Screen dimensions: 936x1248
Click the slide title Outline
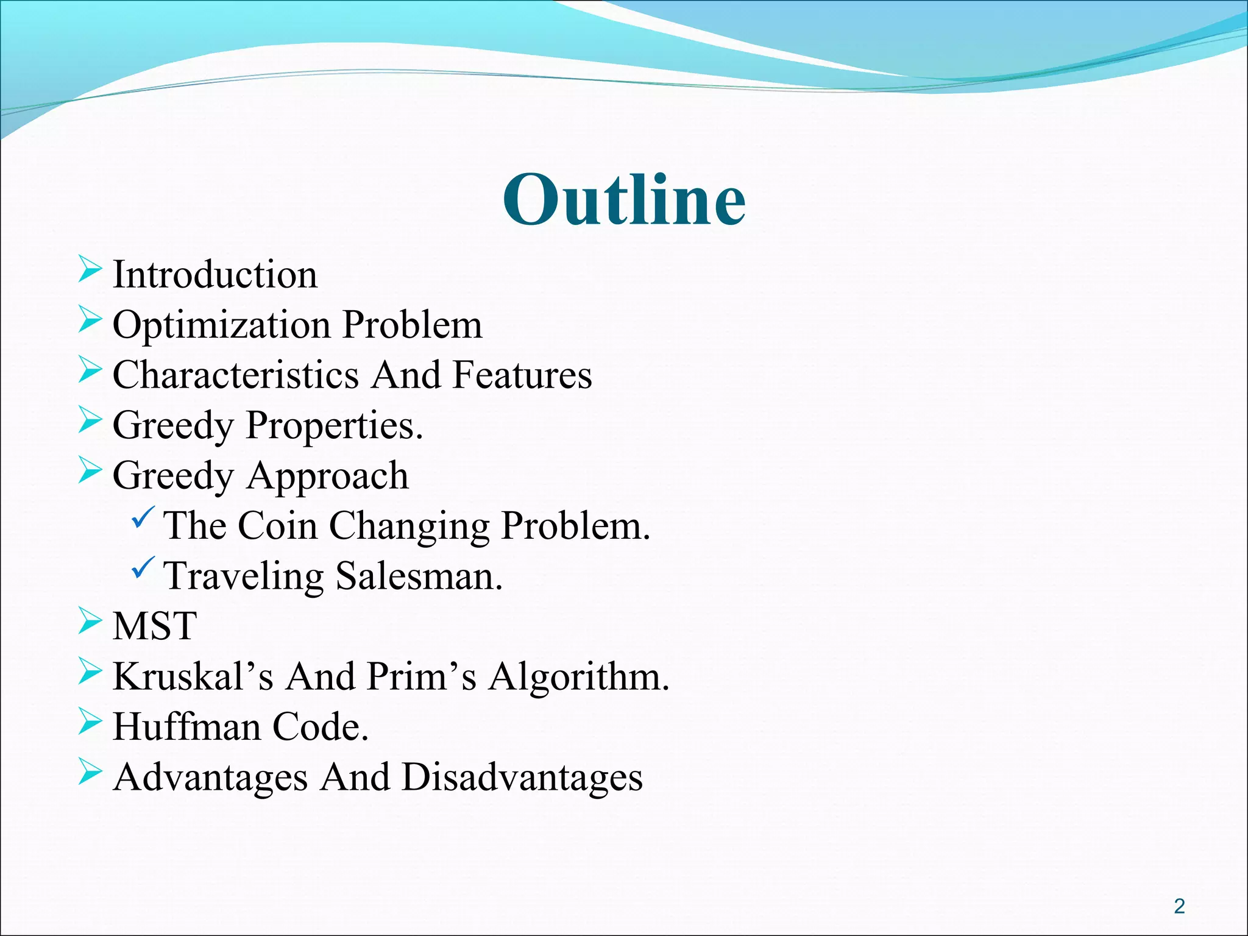624,200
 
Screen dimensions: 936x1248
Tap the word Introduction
215,274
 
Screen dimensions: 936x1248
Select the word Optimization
222,325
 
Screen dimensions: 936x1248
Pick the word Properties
334,425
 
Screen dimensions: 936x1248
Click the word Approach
327,477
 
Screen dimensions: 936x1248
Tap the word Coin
277,525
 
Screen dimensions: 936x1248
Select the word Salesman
419,576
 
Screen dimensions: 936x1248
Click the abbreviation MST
155,626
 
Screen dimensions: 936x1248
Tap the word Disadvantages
522,778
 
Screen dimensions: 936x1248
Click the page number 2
1179,906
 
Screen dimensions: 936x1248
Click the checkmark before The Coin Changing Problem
144,518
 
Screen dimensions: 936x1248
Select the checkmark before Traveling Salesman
144,568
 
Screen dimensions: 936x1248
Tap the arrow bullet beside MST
90,622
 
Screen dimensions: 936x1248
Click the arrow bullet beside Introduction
90,270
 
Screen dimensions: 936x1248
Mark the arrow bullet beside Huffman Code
90,722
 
